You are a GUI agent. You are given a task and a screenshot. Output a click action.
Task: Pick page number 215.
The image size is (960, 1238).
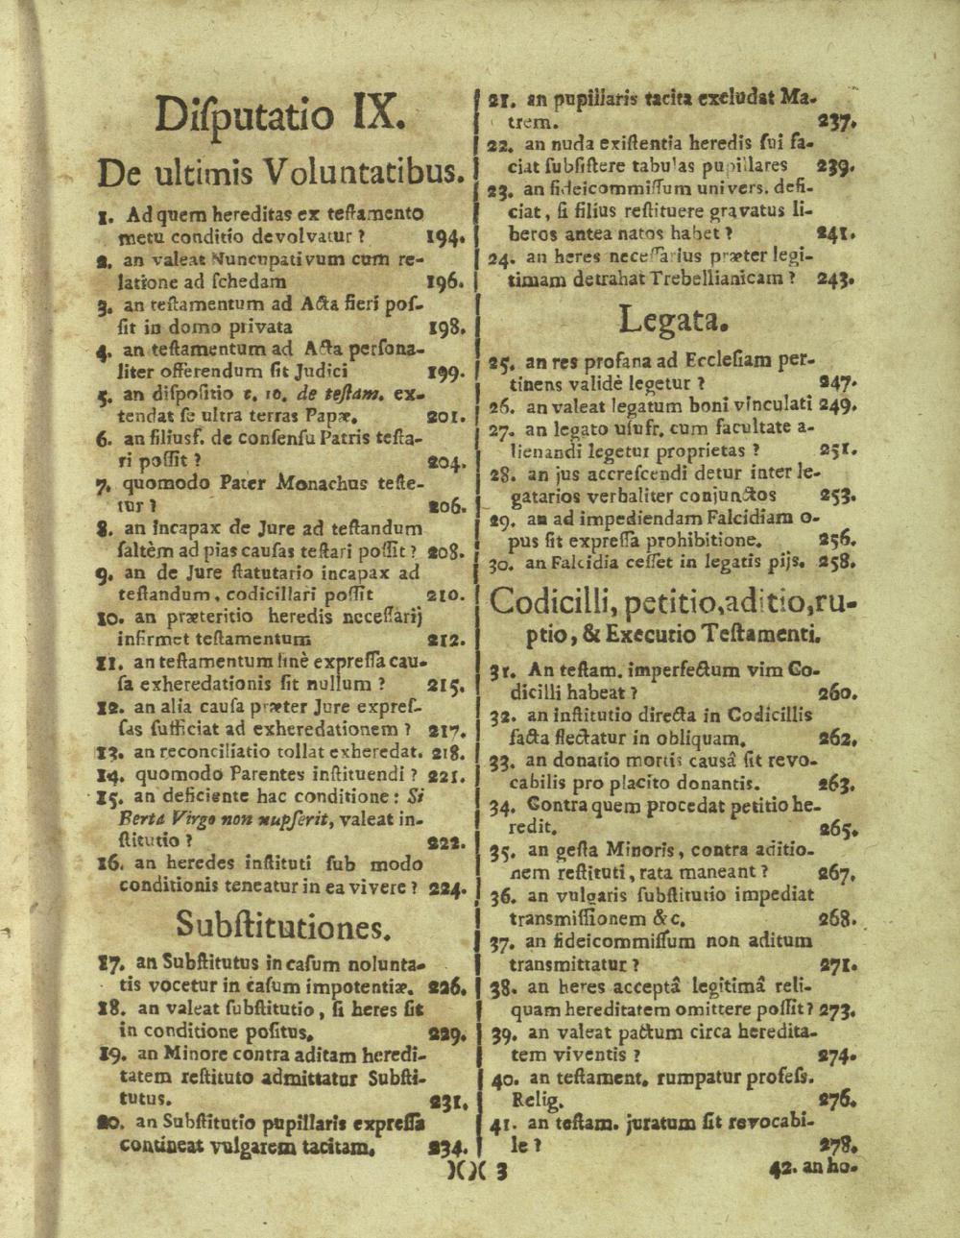point(446,686)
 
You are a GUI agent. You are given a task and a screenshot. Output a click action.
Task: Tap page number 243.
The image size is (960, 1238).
point(836,279)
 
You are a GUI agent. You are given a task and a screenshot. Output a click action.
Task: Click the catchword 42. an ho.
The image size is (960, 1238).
point(812,1171)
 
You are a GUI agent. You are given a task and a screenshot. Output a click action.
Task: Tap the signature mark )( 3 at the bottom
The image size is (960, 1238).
point(477,1171)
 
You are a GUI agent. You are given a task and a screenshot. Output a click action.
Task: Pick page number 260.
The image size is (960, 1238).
point(839,692)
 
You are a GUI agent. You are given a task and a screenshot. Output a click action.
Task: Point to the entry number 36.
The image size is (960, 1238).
point(501,896)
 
